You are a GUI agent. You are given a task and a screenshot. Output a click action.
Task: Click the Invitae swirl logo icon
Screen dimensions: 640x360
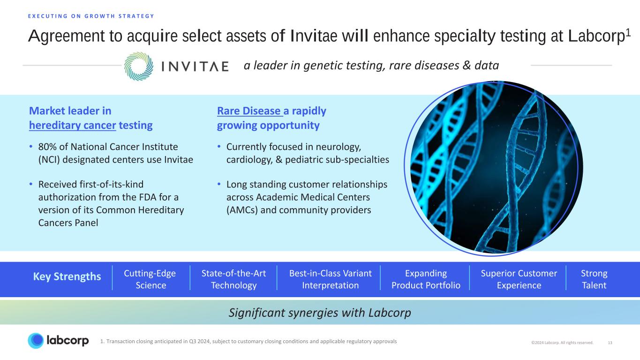pos(139,66)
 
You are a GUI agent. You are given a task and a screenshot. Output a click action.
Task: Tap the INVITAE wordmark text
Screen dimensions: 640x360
pos(195,66)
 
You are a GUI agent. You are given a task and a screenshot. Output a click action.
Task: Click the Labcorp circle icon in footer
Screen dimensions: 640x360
pos(36,341)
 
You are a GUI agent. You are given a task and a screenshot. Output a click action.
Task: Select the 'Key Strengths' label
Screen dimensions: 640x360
pos(67,277)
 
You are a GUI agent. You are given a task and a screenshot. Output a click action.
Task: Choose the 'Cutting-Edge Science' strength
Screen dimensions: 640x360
pos(150,279)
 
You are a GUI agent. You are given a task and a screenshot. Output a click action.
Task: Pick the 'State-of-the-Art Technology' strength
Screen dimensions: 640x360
pos(233,279)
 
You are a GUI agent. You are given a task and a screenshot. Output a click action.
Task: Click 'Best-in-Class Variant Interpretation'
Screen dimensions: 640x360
pos(330,279)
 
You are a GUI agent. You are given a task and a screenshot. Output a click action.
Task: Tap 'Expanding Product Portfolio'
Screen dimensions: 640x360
pos(426,279)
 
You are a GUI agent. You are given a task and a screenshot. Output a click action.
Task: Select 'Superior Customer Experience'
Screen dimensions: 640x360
pos(519,279)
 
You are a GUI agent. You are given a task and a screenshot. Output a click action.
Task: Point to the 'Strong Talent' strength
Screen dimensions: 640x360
pos(594,279)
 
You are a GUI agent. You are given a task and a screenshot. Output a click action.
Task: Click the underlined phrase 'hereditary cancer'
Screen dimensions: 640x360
pos(73,126)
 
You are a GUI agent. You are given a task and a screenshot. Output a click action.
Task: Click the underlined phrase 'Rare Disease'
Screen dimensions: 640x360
pos(249,111)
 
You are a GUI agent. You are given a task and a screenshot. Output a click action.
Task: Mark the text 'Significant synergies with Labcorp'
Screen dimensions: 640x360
pos(320,313)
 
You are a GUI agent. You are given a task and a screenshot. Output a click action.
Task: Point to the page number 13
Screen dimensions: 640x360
pos(610,343)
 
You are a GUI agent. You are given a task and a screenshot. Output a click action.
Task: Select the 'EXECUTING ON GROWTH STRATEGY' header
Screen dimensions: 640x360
pos(91,16)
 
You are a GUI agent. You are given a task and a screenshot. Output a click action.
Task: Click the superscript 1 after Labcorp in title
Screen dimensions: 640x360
pos(628,33)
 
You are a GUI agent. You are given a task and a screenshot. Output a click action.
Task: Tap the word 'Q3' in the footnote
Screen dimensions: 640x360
pos(193,341)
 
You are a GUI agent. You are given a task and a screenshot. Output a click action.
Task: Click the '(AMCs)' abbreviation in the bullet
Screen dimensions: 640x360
pos(242,210)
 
